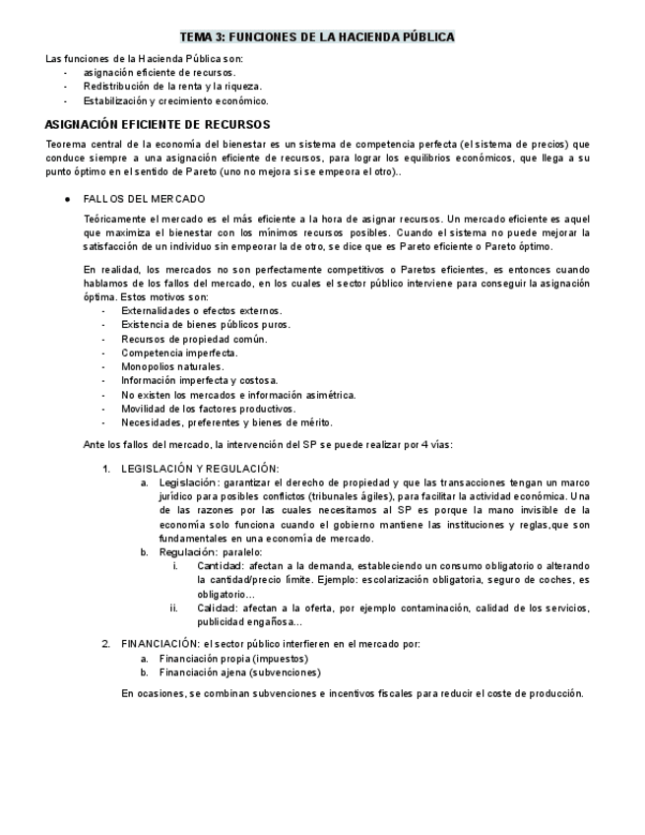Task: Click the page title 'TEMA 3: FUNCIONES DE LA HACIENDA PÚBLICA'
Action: [x=322, y=36]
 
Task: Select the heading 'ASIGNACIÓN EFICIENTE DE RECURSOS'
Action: [x=158, y=125]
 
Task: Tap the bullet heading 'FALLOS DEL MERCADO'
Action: [x=144, y=198]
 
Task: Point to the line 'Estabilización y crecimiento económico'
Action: [x=175, y=100]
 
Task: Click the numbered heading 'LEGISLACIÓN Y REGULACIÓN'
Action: [x=200, y=468]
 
